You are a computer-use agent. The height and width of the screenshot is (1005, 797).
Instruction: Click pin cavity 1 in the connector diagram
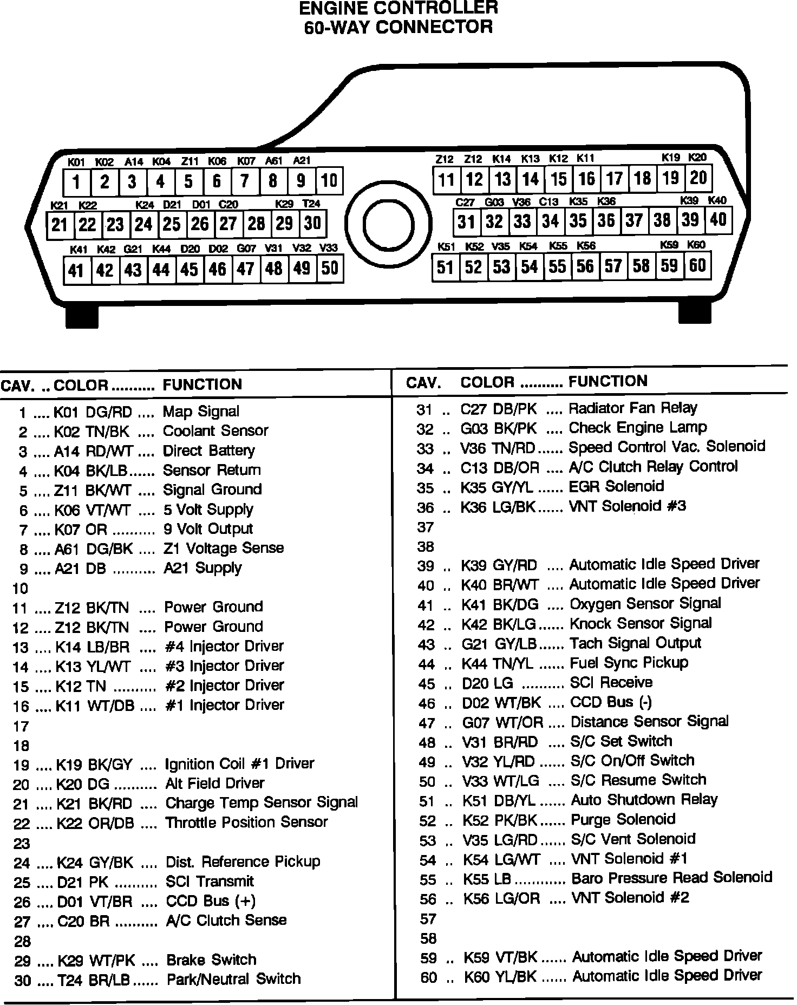[x=76, y=182]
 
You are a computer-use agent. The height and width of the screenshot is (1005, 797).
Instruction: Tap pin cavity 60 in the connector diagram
[x=697, y=266]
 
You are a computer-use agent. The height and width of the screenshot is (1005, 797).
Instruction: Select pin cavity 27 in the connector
[x=228, y=224]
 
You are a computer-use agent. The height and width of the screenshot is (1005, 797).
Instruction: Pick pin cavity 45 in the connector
[x=189, y=269]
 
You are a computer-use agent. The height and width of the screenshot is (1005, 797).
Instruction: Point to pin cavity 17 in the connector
[x=615, y=179]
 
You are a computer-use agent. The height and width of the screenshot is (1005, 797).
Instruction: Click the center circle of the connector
[x=389, y=226]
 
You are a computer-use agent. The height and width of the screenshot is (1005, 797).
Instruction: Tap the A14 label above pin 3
[x=133, y=162]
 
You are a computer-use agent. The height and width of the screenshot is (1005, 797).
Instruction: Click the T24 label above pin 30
[x=311, y=204]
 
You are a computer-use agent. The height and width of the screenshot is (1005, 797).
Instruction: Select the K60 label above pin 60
[x=696, y=245]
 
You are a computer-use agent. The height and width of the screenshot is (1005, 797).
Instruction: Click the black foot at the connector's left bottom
[x=82, y=316]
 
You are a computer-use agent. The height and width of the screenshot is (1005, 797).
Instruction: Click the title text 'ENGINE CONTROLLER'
[x=398, y=8]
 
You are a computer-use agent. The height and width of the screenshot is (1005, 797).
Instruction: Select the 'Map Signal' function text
[x=201, y=412]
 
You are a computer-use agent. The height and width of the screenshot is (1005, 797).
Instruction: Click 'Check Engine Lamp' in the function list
[x=638, y=428]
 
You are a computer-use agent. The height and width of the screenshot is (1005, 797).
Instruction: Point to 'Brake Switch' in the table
[x=211, y=960]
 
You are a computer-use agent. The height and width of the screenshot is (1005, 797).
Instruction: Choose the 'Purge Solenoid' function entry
[x=623, y=819]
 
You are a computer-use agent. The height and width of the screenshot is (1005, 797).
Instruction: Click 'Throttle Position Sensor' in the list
[x=246, y=823]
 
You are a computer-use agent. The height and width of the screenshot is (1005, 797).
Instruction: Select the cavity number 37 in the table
[x=426, y=527]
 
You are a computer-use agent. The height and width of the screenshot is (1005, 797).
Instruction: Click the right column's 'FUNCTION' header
[x=607, y=381]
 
